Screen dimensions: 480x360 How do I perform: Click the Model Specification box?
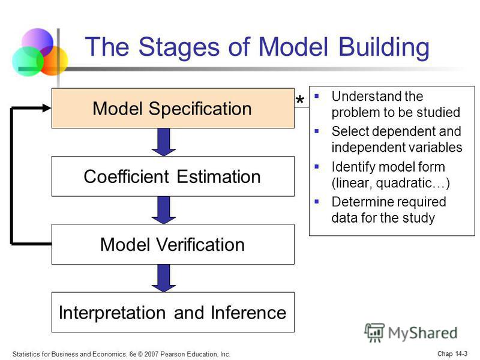[173, 108]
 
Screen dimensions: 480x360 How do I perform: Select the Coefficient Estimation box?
[173, 176]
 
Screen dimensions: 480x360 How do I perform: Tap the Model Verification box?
[173, 244]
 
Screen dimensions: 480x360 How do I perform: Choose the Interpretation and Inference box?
[173, 312]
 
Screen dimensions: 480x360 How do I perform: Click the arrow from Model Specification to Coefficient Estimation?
[164, 142]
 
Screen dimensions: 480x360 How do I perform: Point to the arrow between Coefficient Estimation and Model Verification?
[164, 211]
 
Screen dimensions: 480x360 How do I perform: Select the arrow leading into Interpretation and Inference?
[164, 278]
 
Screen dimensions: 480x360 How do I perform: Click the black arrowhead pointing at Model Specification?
[47, 108]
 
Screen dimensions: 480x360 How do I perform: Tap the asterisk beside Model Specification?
[300, 100]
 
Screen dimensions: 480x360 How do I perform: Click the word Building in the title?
[384, 47]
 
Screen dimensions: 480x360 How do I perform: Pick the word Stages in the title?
[179, 47]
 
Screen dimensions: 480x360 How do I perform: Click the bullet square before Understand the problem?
[317, 96]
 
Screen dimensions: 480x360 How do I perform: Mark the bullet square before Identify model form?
[317, 167]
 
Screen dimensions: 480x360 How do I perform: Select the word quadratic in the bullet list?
[404, 183]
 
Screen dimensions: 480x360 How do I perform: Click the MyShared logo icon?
[374, 332]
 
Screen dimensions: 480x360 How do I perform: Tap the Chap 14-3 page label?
[452, 353]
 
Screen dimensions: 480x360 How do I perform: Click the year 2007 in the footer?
[151, 354]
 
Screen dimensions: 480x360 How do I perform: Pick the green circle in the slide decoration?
[28, 61]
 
